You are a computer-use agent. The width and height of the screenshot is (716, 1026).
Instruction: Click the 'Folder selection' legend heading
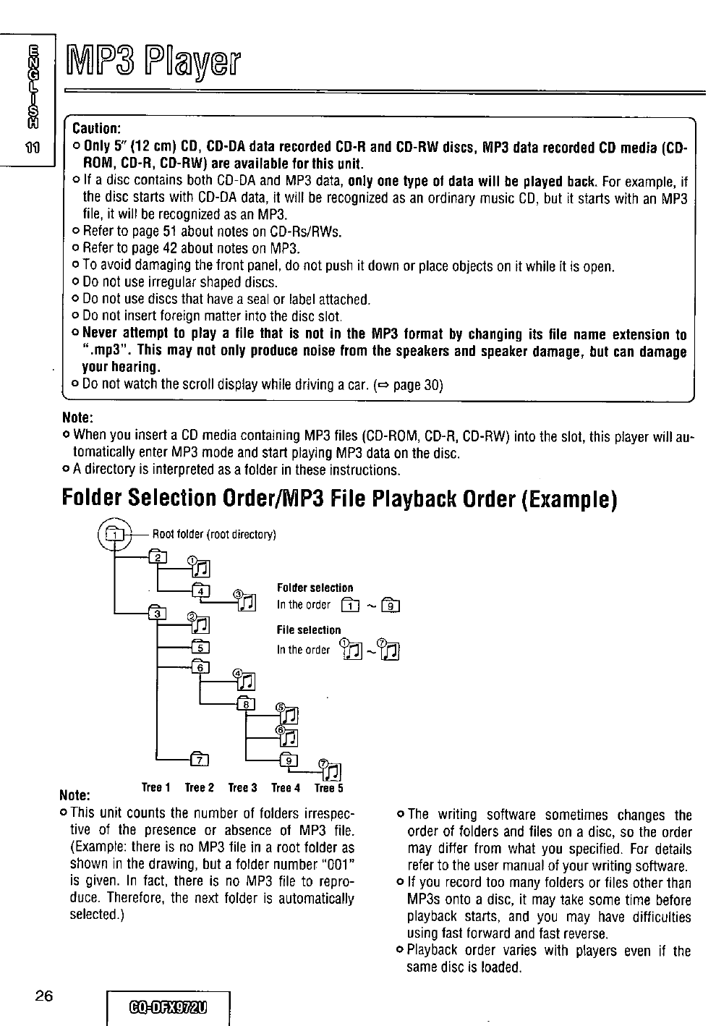click(315, 588)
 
